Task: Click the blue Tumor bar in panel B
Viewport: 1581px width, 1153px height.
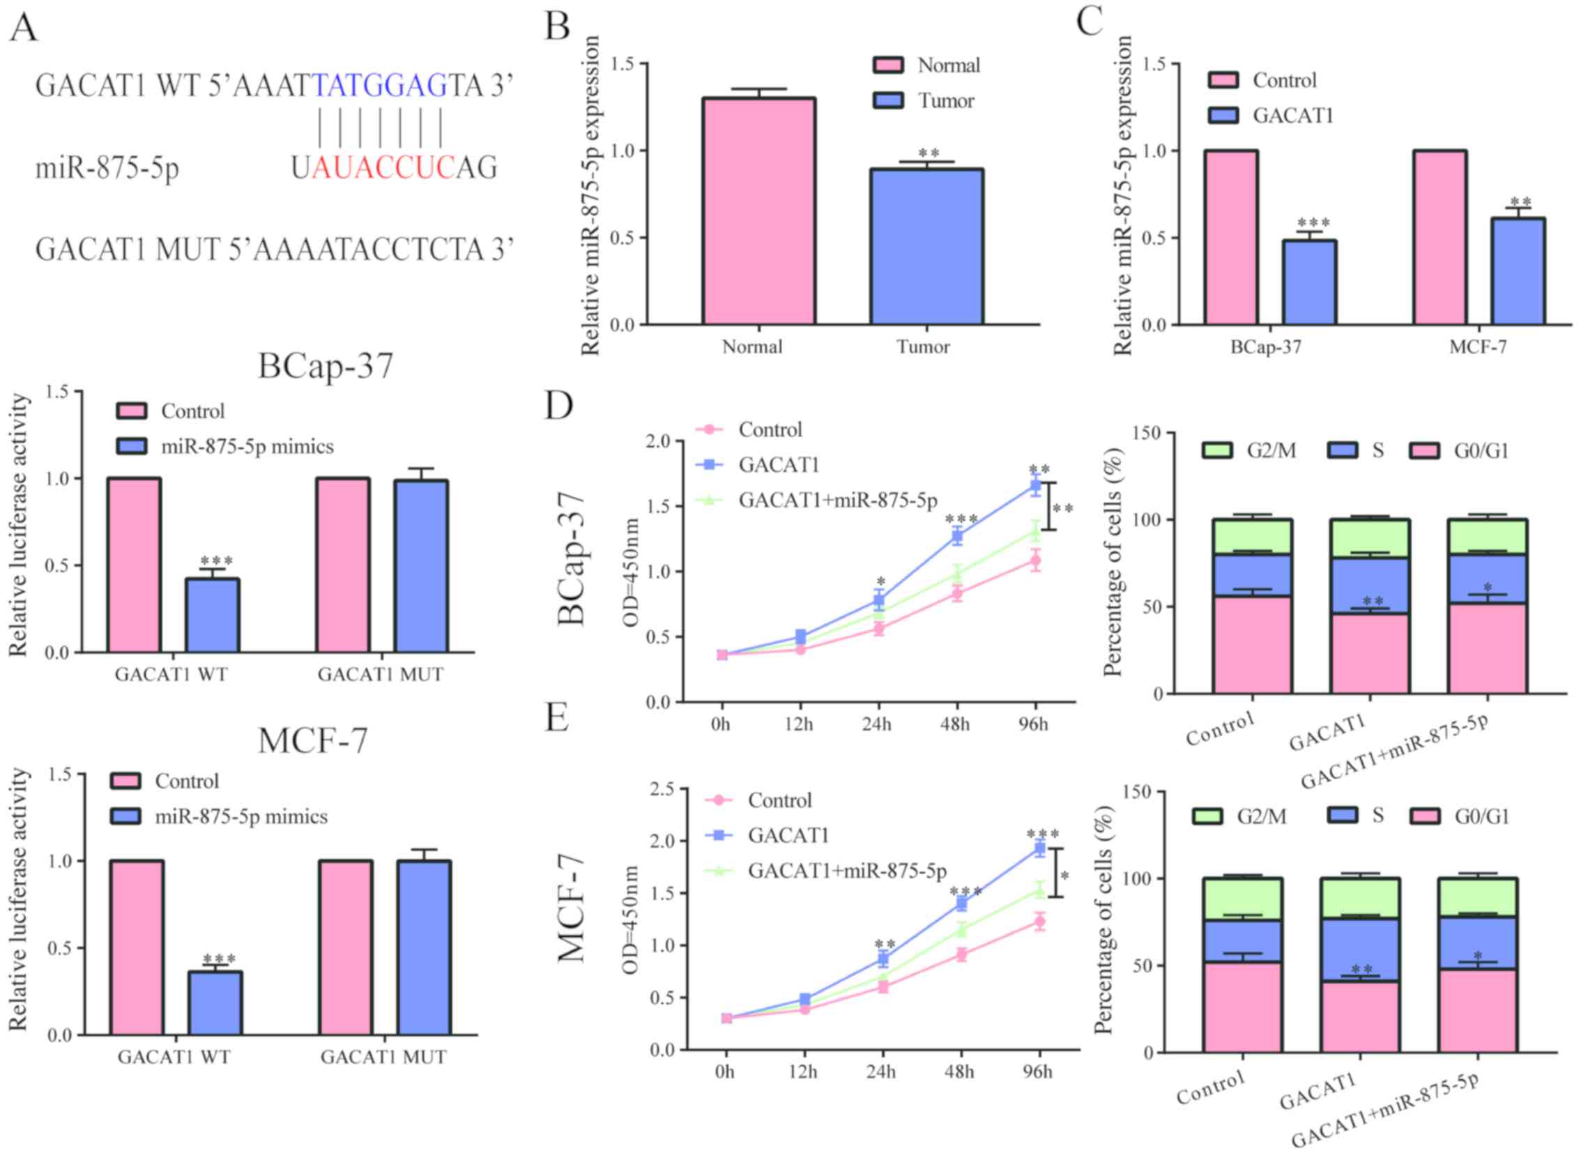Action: pos(926,246)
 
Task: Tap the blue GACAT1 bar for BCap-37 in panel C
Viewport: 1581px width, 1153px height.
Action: pos(1308,282)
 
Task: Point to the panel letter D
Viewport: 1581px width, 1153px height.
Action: pos(558,406)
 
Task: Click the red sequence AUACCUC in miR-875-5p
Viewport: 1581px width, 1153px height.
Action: pos(383,168)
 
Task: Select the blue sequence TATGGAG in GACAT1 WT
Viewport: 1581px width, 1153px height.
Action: pos(380,86)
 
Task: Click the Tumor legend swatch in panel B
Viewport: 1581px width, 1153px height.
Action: pos(888,100)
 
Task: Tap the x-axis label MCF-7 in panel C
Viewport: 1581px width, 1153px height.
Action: pos(1478,347)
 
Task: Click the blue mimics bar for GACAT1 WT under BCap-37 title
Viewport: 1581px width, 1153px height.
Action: pos(212,615)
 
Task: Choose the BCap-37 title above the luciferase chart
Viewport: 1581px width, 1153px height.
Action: pos(326,365)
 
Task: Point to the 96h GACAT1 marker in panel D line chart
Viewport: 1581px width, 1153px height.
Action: pos(1036,486)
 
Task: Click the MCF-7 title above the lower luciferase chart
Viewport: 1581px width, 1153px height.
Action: pos(313,740)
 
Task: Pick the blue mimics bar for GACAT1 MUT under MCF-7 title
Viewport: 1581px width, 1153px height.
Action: pos(424,947)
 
